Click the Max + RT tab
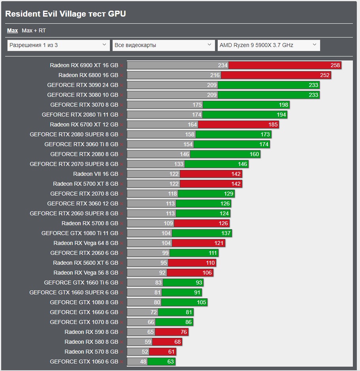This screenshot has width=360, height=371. pos(34,30)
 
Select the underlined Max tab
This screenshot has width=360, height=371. pos(12,30)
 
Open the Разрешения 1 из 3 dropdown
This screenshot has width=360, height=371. pos(58,45)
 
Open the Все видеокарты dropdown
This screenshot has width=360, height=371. pos(164,45)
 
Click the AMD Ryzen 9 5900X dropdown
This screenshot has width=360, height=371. pos(269,45)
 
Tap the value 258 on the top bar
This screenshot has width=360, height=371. pos(335,65)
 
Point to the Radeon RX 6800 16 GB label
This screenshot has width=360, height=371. pos(88,75)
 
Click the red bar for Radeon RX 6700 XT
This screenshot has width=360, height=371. pos(238,124)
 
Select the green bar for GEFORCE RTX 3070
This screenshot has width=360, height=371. pos(246,105)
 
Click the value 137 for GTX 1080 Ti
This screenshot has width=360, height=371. pos(226,233)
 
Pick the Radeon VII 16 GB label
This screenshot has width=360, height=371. pos(95,174)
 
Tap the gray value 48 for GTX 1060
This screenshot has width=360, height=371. pos(143,362)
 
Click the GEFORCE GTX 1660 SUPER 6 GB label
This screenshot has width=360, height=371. pos(74,292)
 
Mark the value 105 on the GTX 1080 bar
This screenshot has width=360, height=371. pos(202,302)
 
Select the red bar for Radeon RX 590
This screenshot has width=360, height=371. pos(172,332)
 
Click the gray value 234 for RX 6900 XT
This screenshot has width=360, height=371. pos(222,65)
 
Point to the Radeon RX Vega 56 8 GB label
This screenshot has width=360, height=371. pos(86,273)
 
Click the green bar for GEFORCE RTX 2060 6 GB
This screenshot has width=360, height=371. pos(194,253)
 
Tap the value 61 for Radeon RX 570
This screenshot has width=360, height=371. pos(172,352)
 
